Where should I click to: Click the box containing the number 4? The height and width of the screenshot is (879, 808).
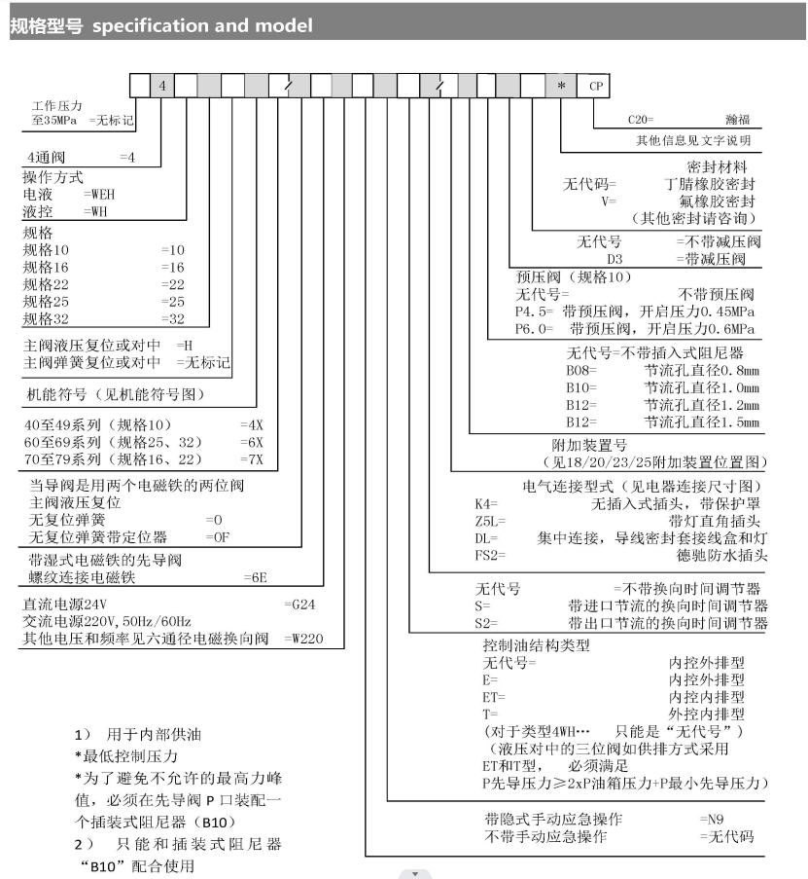(162, 86)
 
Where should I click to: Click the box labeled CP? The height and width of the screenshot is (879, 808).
(595, 86)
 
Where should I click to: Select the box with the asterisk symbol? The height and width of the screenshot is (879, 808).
(561, 86)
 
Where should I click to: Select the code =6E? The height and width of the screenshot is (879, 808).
(256, 577)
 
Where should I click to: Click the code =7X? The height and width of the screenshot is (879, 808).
(251, 458)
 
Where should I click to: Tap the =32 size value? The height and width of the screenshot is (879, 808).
(172, 318)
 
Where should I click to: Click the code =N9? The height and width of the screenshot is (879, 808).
(714, 819)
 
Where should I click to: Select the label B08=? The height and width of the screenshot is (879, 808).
(581, 370)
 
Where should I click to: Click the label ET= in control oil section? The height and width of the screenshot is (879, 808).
(494, 697)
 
